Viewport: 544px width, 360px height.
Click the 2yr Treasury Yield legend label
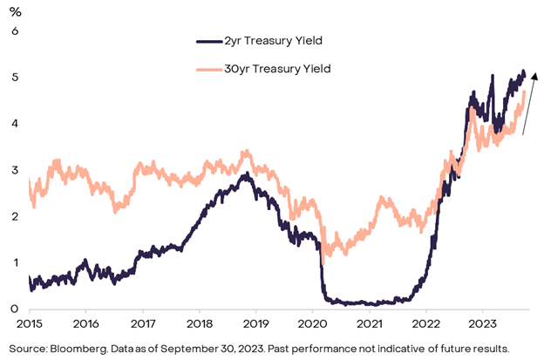(270, 40)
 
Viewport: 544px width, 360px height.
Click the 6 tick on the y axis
(14, 31)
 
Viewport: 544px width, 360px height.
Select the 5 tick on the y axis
(14, 77)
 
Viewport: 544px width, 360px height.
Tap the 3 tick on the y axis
(14, 169)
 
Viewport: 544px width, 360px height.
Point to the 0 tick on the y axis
(14, 309)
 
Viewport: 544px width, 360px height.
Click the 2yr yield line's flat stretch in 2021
(371, 303)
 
